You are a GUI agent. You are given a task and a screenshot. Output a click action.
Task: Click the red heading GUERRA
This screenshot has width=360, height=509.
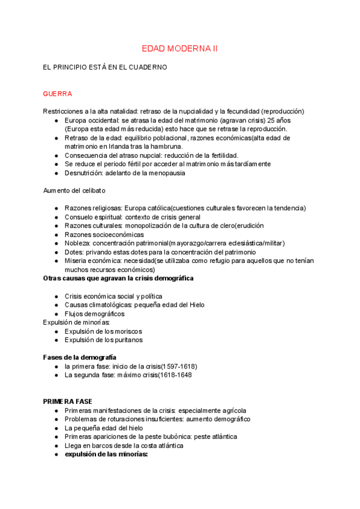[58, 94]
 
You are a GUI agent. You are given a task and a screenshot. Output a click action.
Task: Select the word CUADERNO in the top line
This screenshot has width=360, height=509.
[149, 67]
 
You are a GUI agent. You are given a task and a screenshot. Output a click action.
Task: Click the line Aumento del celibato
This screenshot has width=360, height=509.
[74, 190]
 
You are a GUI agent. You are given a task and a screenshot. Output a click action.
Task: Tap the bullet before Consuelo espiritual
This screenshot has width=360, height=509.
[56, 217]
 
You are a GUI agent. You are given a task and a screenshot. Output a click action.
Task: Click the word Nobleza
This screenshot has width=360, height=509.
[78, 243]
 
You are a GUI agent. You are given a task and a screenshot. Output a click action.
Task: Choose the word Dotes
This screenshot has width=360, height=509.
[74, 252]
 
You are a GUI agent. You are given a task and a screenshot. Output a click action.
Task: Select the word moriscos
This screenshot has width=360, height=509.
[128, 331]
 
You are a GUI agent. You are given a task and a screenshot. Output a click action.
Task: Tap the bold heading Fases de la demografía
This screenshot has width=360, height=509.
[80, 358]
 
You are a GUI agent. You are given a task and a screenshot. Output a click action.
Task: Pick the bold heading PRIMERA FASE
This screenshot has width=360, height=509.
[68, 402]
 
